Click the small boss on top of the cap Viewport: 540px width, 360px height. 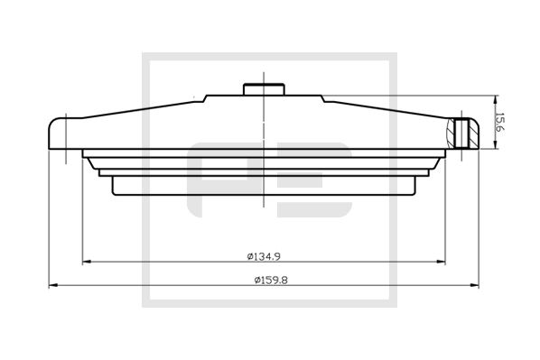[263, 88]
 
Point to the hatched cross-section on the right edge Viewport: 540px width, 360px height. [466, 133]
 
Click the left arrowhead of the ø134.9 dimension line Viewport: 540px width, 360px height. [86, 263]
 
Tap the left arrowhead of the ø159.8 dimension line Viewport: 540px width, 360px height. [51, 286]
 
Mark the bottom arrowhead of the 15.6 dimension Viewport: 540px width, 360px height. [493, 147]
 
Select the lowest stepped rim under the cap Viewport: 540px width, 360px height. [263, 189]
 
